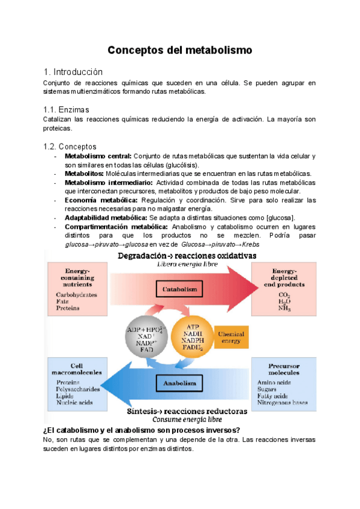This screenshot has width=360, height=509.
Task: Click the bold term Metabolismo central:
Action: click(x=98, y=156)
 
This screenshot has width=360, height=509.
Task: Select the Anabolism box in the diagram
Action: click(x=179, y=382)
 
